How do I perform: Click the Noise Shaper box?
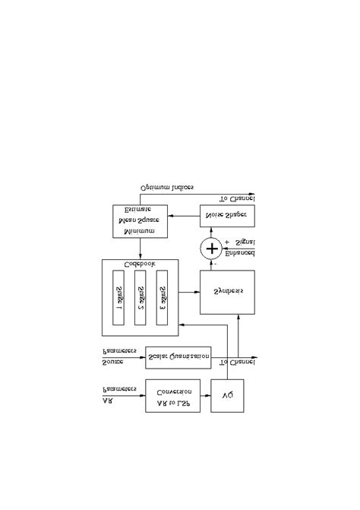click(227, 216)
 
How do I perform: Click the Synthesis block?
click(227, 292)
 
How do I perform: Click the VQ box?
click(227, 395)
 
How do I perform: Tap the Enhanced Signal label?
click(240, 247)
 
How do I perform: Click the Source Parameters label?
click(118, 356)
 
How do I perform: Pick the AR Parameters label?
click(118, 395)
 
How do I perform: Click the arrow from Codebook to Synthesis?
click(189, 292)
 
